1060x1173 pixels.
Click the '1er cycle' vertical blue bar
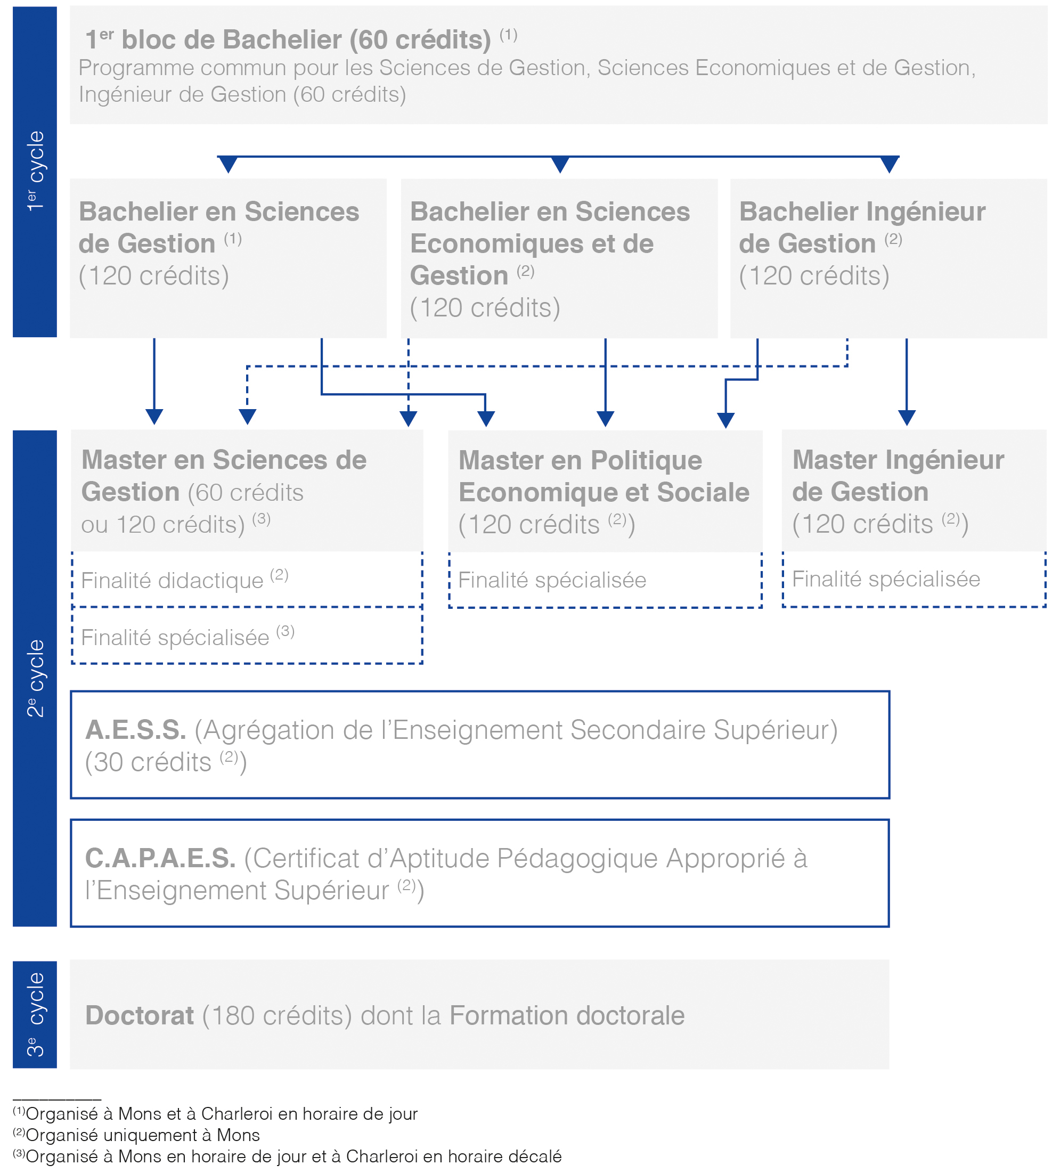pos(35,172)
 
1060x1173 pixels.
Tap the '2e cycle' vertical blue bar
pos(35,678)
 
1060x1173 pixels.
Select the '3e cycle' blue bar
pos(35,1014)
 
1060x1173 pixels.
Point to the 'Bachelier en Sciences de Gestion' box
pos(228,258)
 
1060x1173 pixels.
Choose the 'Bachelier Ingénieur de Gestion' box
pos(888,258)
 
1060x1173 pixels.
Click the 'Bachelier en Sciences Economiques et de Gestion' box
pos(559,258)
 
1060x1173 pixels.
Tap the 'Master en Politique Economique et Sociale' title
pos(604,476)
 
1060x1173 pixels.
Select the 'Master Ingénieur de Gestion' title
pos(898,475)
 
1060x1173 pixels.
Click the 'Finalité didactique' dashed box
pos(247,580)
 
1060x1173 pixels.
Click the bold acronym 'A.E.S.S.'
pos(135,730)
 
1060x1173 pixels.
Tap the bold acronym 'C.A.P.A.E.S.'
pos(160,858)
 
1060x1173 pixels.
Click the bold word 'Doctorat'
pos(140,1015)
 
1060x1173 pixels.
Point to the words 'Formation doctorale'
pos(567,1015)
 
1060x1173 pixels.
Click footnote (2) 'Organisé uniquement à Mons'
pos(136,1135)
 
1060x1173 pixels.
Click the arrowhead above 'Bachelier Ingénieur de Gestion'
pos(890,165)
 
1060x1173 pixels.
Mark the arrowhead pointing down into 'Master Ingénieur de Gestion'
pos(907,418)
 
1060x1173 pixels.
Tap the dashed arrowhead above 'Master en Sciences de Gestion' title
pos(247,417)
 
